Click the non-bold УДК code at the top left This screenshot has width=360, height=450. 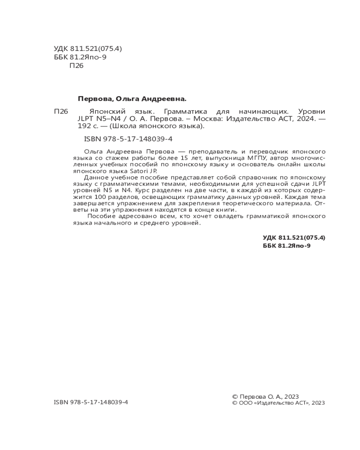(88, 49)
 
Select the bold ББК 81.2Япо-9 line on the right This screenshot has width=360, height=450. (287, 246)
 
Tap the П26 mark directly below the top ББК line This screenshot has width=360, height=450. (76, 66)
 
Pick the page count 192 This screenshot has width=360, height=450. (84, 126)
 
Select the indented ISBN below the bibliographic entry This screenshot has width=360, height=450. (128, 139)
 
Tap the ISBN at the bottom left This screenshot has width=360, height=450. (91, 402)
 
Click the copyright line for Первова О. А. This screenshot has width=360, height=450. (265, 396)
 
